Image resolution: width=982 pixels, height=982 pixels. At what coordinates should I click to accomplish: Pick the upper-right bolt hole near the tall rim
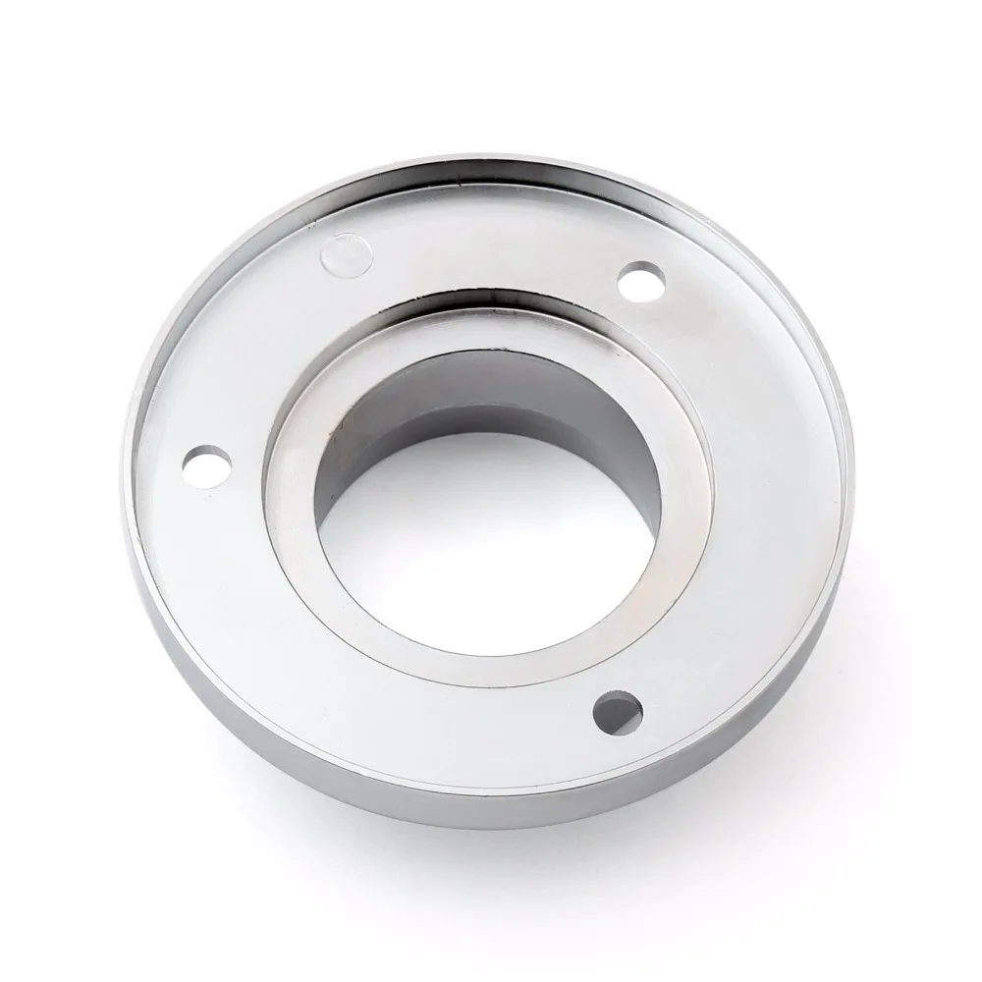pos(643,280)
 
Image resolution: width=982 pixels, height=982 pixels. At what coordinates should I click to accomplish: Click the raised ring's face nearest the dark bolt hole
pos(550,628)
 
